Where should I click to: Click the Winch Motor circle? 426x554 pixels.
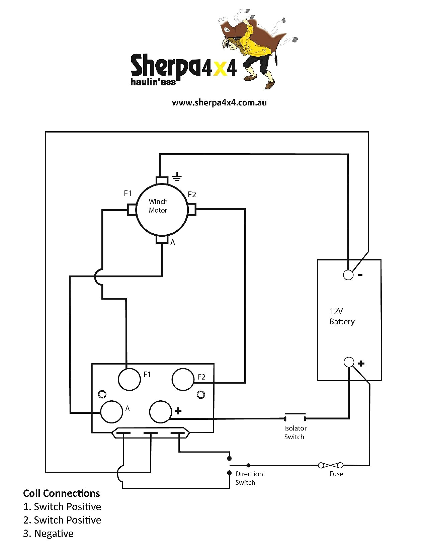point(162,210)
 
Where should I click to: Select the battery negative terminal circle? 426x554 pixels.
point(348,275)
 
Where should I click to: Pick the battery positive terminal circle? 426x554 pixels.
point(349,362)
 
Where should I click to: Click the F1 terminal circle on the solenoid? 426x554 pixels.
point(129,379)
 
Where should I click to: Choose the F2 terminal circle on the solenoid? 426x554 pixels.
point(183,379)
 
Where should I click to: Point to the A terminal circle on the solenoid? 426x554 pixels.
point(111,412)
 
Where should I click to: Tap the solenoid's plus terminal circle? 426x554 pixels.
point(161,411)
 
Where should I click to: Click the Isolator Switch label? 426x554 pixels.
point(295,432)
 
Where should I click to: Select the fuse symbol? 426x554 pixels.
point(330,465)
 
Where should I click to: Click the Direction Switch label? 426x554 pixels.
point(249,478)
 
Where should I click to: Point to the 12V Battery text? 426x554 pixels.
point(341,316)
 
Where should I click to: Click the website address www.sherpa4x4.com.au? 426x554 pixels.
point(219,102)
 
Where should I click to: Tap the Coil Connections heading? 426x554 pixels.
point(62,493)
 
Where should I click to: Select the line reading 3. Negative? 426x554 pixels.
point(48,533)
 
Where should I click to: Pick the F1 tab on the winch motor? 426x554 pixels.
point(132,210)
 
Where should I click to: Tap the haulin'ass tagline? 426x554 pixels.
point(153,82)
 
